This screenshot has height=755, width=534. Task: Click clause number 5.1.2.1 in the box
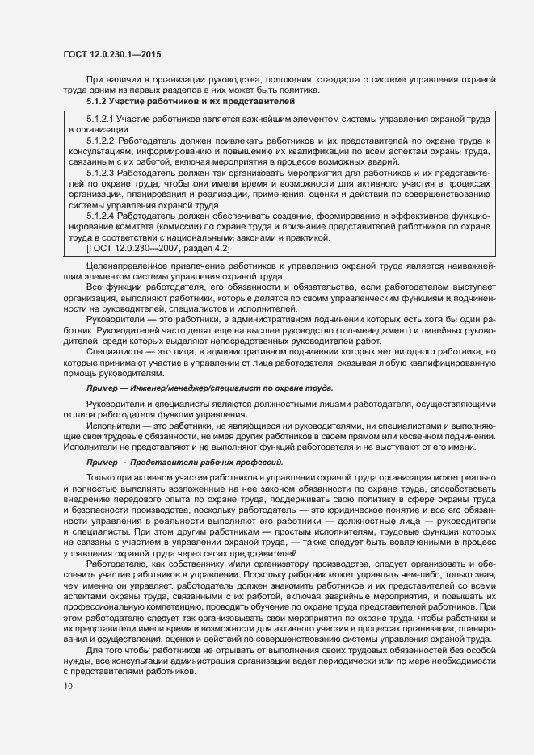(x=100, y=119)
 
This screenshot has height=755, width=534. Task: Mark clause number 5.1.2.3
(x=100, y=173)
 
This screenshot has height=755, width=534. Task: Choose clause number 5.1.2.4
(x=100, y=217)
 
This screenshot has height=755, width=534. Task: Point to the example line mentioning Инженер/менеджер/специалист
(x=209, y=388)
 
